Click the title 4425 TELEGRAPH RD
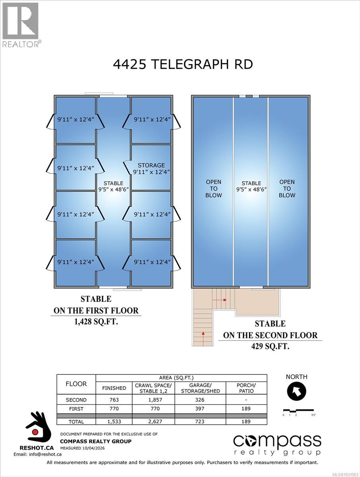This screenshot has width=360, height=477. [x=183, y=64]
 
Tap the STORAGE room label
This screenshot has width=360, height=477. [x=151, y=169]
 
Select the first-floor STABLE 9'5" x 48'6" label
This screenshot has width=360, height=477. [x=113, y=187]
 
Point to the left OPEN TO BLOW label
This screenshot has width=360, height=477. [x=213, y=188]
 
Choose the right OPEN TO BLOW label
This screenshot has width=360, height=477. [x=287, y=188]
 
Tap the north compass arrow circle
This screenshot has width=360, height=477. [x=297, y=392]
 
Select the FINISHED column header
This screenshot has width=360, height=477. [x=114, y=388]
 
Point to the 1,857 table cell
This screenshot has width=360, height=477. [x=153, y=400]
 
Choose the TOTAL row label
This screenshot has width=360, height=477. [x=76, y=421]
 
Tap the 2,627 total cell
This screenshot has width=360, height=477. [x=153, y=421]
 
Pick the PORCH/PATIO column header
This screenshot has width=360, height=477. [x=246, y=388]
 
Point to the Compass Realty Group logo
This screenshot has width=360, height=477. [x=277, y=444]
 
